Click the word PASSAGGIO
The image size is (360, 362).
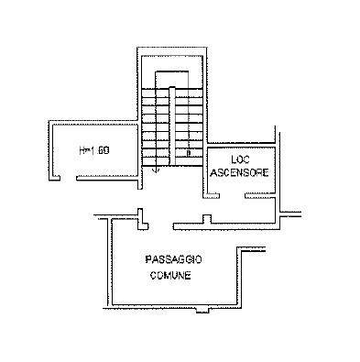(173, 259)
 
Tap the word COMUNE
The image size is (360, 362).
(170, 275)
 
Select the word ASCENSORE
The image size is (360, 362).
(240, 172)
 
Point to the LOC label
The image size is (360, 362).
(240, 159)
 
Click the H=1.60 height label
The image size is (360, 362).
(94, 150)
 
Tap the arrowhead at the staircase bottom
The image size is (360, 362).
(157, 170)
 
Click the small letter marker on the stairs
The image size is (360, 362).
(189, 152)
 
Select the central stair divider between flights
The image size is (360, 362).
(172, 126)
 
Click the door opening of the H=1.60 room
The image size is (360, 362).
(68, 178)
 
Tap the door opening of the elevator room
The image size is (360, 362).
(233, 195)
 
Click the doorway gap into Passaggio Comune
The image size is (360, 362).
(161, 226)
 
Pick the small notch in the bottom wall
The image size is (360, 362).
(202, 310)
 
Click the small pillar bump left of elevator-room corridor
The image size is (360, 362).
(207, 219)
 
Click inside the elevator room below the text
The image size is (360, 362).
(241, 185)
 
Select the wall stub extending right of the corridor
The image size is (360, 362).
(291, 214)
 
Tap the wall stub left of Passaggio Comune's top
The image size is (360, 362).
(102, 216)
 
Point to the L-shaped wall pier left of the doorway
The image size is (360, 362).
(142, 220)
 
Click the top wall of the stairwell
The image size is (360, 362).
(172, 50)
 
